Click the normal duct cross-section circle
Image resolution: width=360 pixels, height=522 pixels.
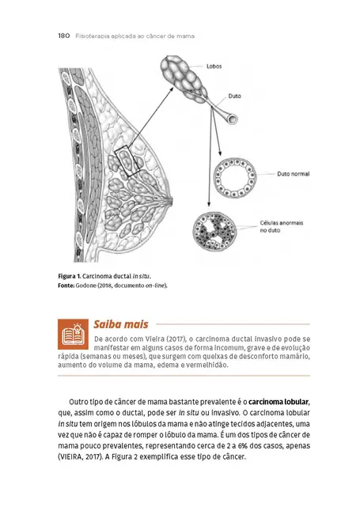(233, 175)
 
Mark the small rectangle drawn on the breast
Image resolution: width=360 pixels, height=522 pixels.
(128, 161)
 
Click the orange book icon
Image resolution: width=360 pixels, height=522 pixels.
(74, 335)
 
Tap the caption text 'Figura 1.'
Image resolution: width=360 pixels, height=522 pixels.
(69, 276)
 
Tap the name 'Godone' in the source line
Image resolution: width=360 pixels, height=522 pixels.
(90, 285)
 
